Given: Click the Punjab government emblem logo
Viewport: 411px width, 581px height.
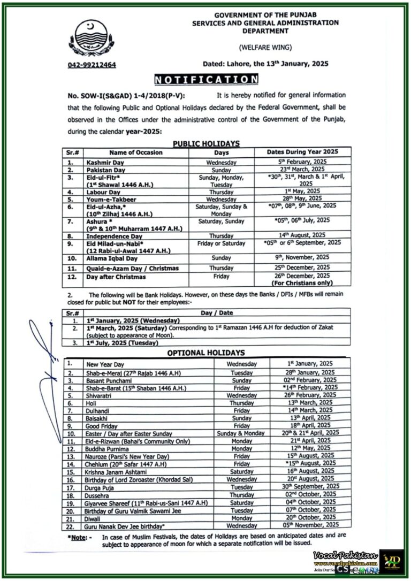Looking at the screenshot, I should click(91, 39).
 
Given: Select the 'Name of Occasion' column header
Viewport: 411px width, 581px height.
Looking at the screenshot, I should click(135, 152).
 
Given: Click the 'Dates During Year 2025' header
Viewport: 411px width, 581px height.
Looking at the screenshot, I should click(303, 152).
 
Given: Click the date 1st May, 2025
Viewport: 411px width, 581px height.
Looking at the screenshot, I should click(302, 191).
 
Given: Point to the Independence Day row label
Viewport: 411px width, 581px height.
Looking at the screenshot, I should click(114, 235).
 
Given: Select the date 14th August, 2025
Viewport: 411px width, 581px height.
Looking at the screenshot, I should click(303, 235).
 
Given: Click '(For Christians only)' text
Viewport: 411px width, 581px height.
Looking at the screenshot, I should click(302, 284).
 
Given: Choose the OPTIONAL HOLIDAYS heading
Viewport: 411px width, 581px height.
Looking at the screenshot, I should click(206, 353).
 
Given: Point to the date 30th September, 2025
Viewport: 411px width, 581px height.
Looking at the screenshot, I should click(311, 486).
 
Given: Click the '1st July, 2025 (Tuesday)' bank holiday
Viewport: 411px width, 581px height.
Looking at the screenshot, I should click(123, 343).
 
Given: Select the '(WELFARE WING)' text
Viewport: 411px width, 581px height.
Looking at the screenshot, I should click(265, 47).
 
